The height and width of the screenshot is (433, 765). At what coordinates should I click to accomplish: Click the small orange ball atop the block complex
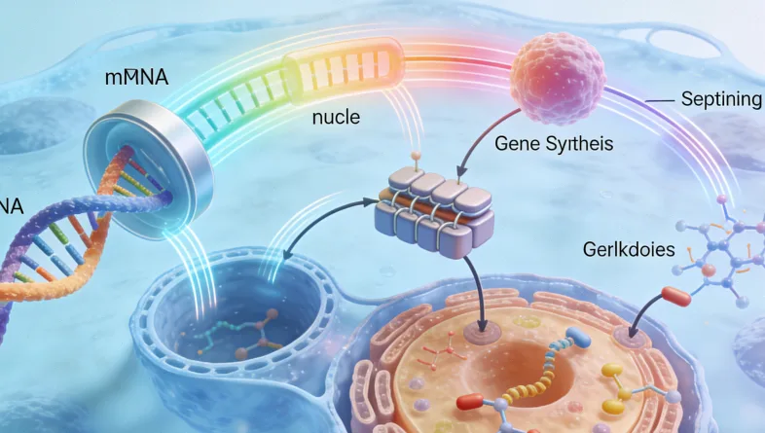coord(416,155)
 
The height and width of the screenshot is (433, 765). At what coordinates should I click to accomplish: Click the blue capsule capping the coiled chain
coord(582,337)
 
